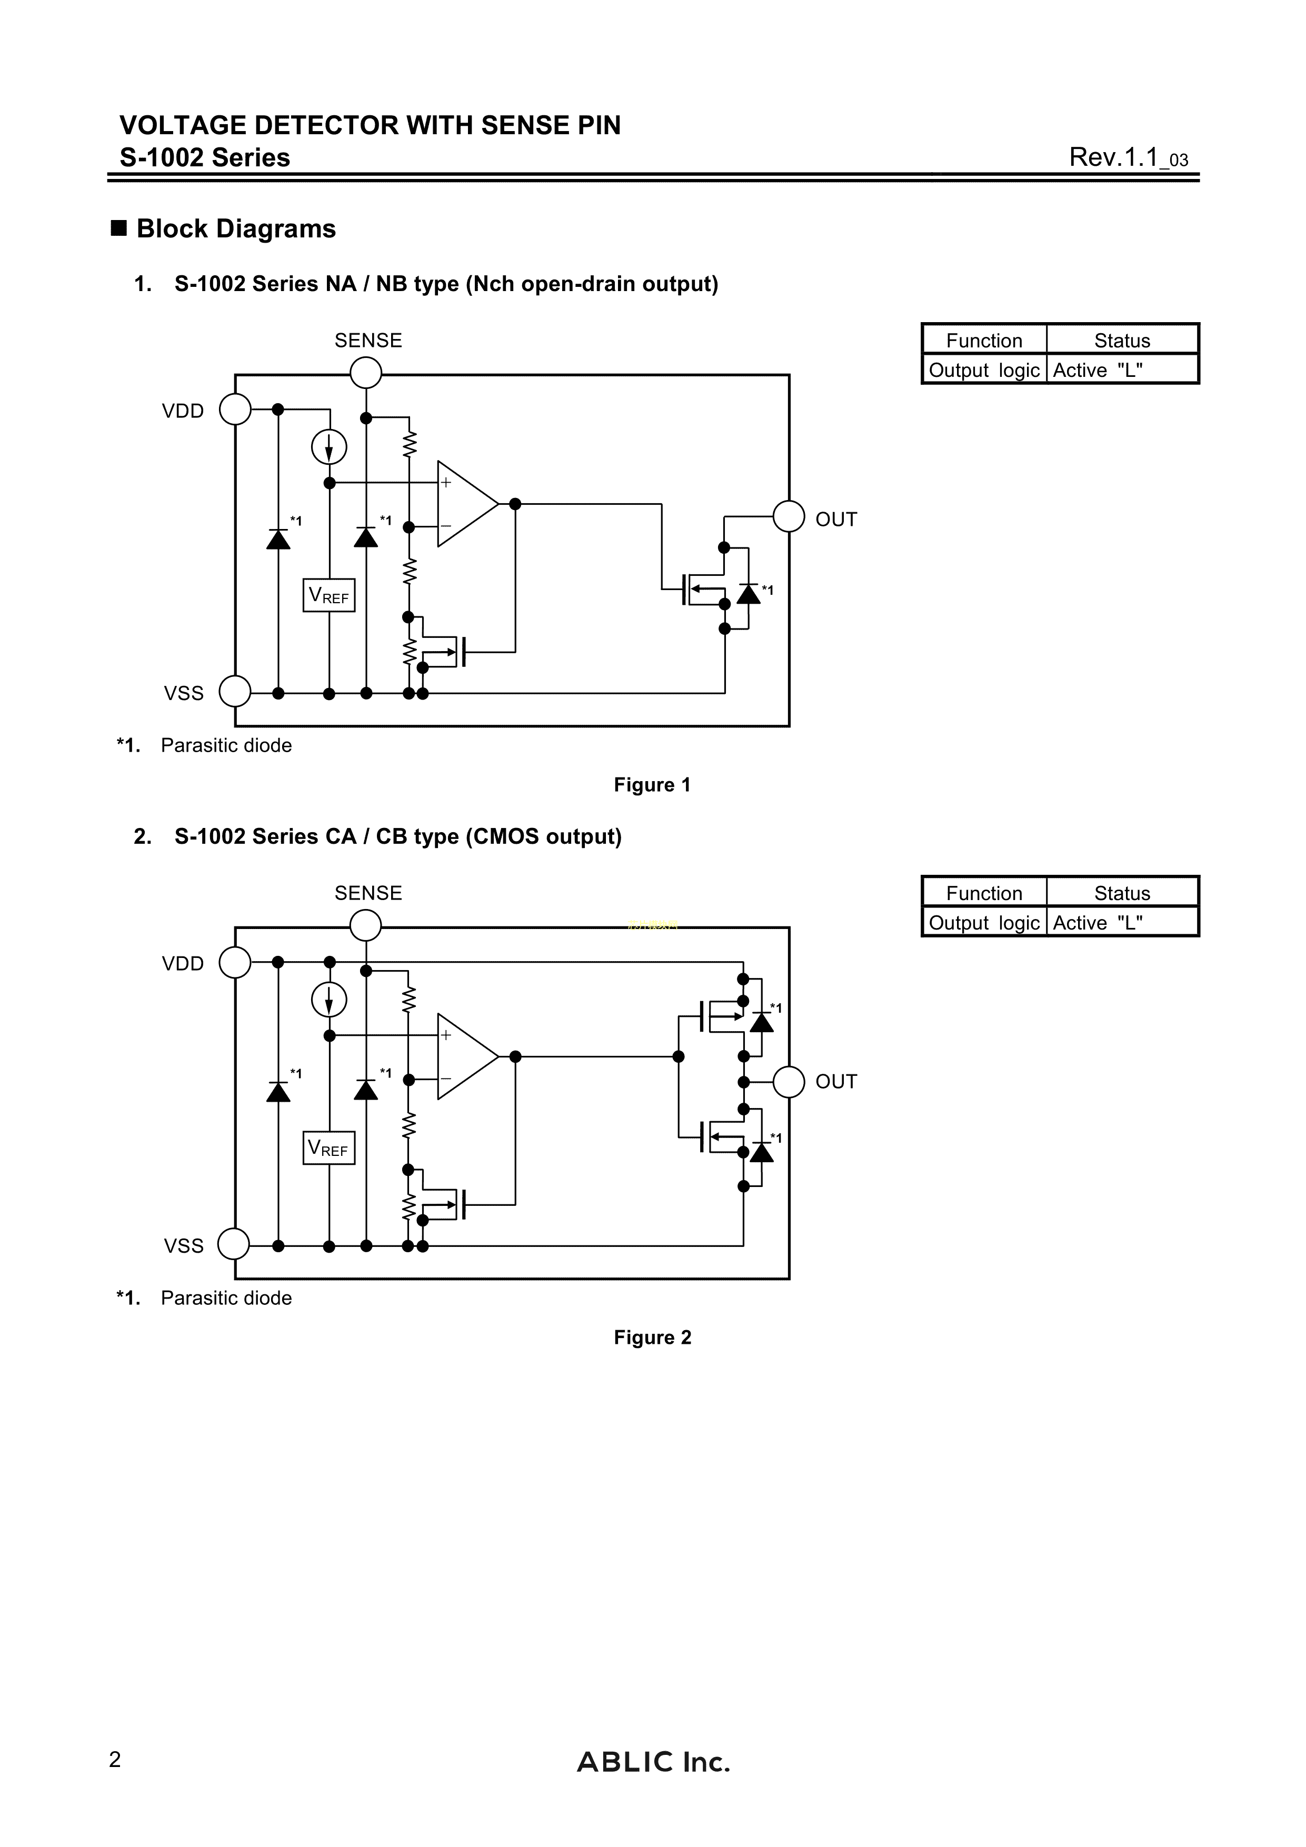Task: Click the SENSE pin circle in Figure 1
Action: (x=366, y=373)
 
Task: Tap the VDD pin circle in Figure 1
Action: (x=235, y=410)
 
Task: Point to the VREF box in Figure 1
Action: (x=329, y=595)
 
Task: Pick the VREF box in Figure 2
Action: (x=329, y=1148)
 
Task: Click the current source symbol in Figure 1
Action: (x=329, y=447)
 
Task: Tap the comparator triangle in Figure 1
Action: (x=465, y=504)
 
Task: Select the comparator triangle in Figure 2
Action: (x=465, y=1056)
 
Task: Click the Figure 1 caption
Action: (x=652, y=785)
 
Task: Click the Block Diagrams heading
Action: (x=236, y=229)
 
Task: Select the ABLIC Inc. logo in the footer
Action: (x=653, y=1763)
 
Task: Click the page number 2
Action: (x=115, y=1760)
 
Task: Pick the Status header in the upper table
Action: (x=1122, y=340)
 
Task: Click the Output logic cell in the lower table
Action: (x=984, y=923)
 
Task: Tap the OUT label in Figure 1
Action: (x=836, y=520)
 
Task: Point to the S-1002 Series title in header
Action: (x=205, y=158)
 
